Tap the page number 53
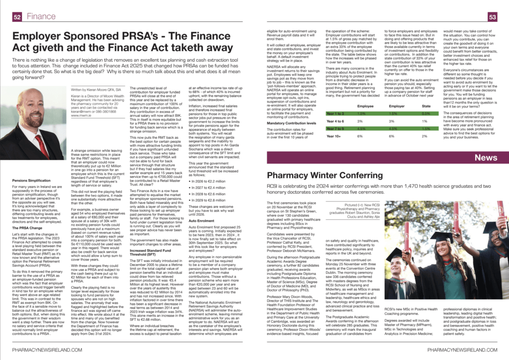click(493, 16)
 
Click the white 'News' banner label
click(486, 158)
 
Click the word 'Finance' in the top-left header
click(41, 16)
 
